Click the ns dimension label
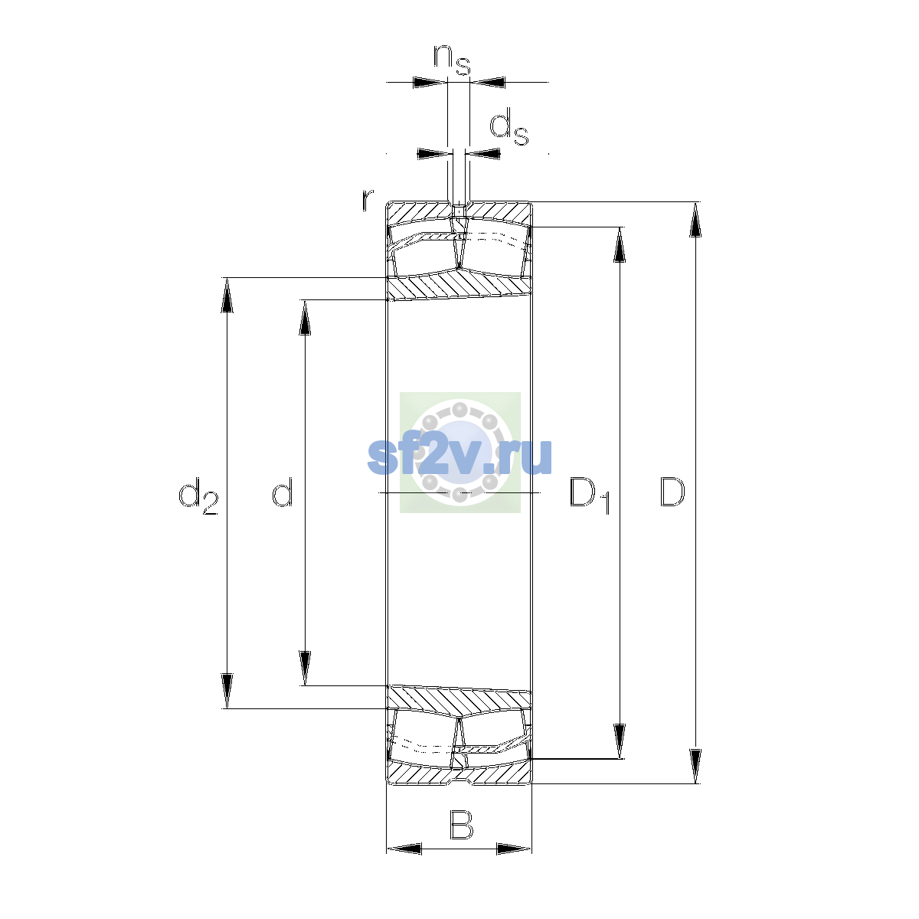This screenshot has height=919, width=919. [x=452, y=60]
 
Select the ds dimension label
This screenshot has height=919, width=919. [x=509, y=126]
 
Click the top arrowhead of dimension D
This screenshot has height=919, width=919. [x=695, y=219]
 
